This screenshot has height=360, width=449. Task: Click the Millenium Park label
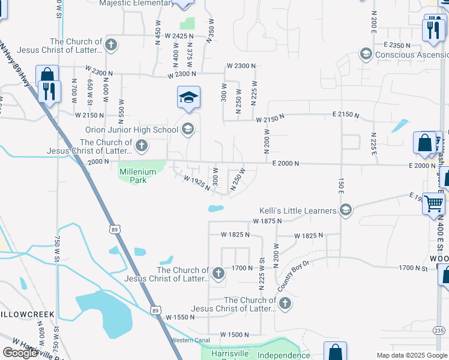137,175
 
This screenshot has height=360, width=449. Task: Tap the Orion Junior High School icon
188,129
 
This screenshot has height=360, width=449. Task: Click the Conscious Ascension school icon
365,55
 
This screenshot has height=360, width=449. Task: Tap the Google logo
20,353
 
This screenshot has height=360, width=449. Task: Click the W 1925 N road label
197,183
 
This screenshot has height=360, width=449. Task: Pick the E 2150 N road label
346,115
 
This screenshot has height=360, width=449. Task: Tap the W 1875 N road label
268,221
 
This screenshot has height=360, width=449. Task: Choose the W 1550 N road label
181,316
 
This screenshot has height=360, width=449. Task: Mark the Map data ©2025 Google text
411,355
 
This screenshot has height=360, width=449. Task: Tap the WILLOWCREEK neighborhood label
27,314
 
